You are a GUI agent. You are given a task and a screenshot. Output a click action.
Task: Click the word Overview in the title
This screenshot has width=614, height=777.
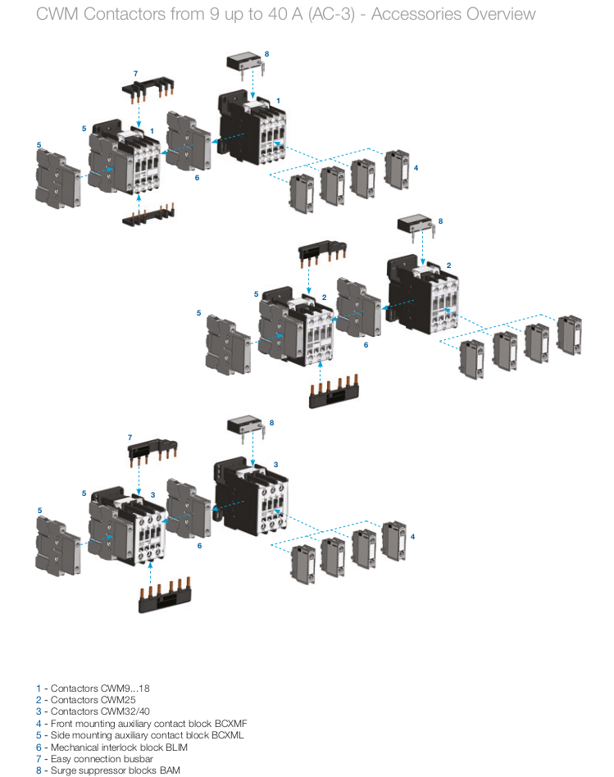click(498, 14)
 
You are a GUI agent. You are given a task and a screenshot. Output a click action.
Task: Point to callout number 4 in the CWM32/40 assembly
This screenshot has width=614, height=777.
click(413, 536)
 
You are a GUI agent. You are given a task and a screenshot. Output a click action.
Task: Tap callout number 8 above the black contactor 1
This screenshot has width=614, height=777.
click(266, 54)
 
